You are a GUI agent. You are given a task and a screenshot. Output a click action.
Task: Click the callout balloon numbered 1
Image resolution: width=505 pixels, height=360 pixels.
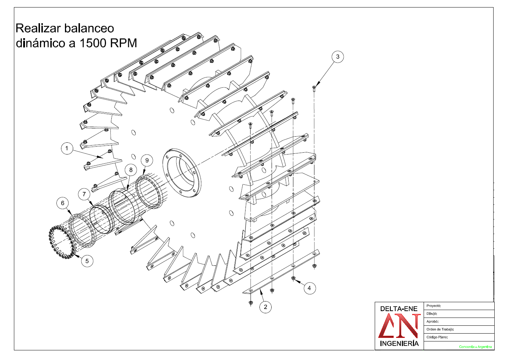point(67,148)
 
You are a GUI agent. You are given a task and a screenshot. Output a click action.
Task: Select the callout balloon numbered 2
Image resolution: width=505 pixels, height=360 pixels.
point(266,307)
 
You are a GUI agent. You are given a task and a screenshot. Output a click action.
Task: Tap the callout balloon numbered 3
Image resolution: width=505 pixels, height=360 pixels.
point(338,57)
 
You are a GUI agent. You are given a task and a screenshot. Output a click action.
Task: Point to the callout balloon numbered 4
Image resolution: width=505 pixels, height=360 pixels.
point(309,288)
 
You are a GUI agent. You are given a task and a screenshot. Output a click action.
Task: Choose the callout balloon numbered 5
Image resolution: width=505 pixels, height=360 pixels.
point(87,261)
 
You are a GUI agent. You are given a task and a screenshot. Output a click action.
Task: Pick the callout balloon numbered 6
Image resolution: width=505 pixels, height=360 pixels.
point(62,203)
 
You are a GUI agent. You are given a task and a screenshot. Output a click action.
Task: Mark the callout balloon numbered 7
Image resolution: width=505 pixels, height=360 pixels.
point(84,194)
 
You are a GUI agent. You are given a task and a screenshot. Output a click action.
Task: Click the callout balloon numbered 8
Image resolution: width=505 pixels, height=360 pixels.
point(131,170)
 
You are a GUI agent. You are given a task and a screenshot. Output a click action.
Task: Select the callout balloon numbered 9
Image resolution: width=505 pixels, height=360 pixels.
point(147,160)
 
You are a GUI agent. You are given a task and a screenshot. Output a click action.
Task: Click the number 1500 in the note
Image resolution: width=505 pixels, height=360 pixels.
point(93,43)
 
